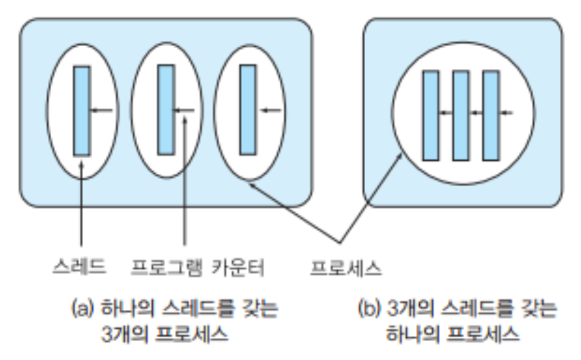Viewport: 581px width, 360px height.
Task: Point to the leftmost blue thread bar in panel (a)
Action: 82,111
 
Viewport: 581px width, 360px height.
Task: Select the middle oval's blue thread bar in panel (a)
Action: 166,109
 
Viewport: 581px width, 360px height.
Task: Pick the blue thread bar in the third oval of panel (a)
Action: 248,109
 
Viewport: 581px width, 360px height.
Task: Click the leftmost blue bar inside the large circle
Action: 431,116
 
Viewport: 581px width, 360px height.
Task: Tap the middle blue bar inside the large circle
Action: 461,116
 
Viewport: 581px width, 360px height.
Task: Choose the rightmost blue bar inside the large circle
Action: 491,116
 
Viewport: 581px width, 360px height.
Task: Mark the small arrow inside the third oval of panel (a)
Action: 268,111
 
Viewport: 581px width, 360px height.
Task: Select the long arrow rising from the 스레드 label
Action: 83,205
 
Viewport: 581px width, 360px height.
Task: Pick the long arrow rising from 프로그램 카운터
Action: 185,182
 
